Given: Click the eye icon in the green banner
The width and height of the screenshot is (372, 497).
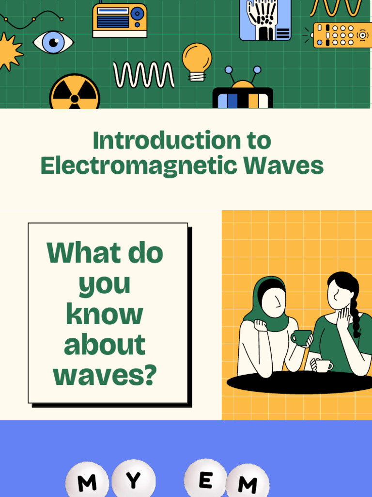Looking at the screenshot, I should [x=53, y=42].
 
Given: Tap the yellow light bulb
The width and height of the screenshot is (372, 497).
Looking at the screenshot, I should [x=197, y=59].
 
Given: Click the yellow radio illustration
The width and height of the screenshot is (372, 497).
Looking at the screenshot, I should [x=120, y=20].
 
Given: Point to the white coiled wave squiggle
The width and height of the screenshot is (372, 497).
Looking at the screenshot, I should [x=144, y=75].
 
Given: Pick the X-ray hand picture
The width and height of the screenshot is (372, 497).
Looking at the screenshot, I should [x=265, y=19].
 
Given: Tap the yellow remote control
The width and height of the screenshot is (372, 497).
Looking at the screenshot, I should [x=341, y=35].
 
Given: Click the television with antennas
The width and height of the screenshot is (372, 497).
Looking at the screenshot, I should [x=243, y=95].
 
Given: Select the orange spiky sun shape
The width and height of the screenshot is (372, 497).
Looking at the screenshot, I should [x=9, y=51].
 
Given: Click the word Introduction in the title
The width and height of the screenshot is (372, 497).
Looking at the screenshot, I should [x=160, y=141].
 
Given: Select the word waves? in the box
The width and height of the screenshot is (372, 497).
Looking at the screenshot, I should [x=105, y=375].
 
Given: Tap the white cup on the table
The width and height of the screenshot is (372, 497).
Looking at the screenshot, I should [x=323, y=365].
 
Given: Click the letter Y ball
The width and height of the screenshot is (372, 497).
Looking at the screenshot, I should [x=133, y=480].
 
